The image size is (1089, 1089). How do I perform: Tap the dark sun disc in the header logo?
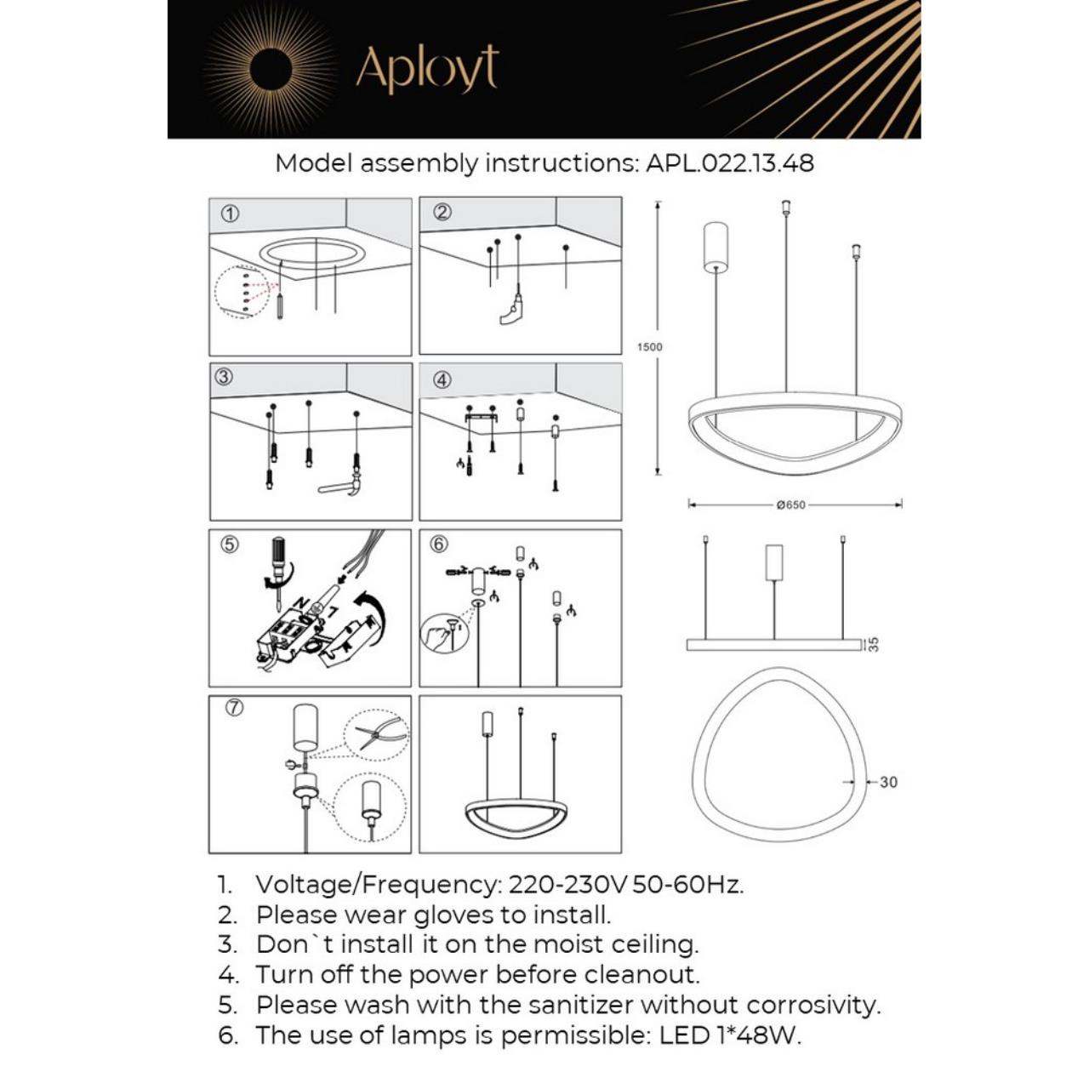[x=270, y=68]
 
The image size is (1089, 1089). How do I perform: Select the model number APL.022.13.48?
[x=729, y=162]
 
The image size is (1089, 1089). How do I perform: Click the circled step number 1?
[x=229, y=214]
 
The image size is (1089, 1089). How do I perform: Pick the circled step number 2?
[x=442, y=213]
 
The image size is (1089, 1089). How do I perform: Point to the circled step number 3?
[x=224, y=377]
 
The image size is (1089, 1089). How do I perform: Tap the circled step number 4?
[x=442, y=380]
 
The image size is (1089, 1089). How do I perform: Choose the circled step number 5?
[x=229, y=544]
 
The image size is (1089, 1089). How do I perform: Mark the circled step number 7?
[x=235, y=707]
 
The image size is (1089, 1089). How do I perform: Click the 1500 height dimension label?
[x=649, y=347]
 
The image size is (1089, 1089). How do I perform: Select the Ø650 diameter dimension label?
[x=790, y=505]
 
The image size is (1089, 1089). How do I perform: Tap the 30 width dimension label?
[x=887, y=782]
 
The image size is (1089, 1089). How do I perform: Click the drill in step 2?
[x=513, y=311]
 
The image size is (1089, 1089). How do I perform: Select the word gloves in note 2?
[x=454, y=915]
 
